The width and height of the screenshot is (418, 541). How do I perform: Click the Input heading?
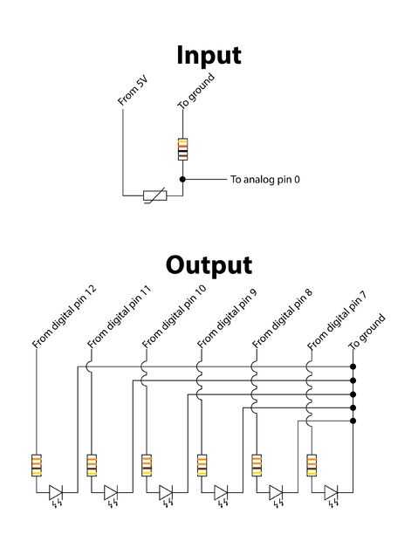pyautogui.click(x=209, y=56)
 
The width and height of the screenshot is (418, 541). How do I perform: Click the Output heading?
pyautogui.click(x=209, y=265)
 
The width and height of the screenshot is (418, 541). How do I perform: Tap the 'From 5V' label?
pyautogui.click(x=133, y=91)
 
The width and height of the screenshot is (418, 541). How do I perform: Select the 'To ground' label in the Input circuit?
pyautogui.click(x=196, y=91)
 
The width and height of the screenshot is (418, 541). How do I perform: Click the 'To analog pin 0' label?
pyautogui.click(x=265, y=180)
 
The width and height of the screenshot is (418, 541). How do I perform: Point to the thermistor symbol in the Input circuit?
pyautogui.click(x=155, y=195)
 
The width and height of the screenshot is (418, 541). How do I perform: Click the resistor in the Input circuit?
pyautogui.click(x=183, y=149)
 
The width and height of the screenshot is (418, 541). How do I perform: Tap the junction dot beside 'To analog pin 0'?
pyautogui.click(x=182, y=179)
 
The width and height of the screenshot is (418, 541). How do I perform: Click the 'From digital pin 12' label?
pyautogui.click(x=65, y=317)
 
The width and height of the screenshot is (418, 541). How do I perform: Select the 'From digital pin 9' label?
pyautogui.click(x=227, y=318)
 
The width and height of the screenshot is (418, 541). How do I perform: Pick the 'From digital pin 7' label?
pyautogui.click(x=337, y=319)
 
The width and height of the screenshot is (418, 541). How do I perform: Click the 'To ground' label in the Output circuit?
pyautogui.click(x=367, y=332)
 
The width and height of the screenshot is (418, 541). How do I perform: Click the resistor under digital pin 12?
pyautogui.click(x=37, y=465)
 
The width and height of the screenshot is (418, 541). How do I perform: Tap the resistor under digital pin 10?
pyautogui.click(x=147, y=465)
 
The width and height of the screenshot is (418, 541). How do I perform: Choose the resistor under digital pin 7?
pyautogui.click(x=312, y=465)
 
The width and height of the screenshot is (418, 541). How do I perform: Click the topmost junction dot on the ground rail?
pyautogui.click(x=353, y=366)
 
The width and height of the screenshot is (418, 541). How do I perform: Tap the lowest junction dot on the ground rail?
pyautogui.click(x=353, y=421)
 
